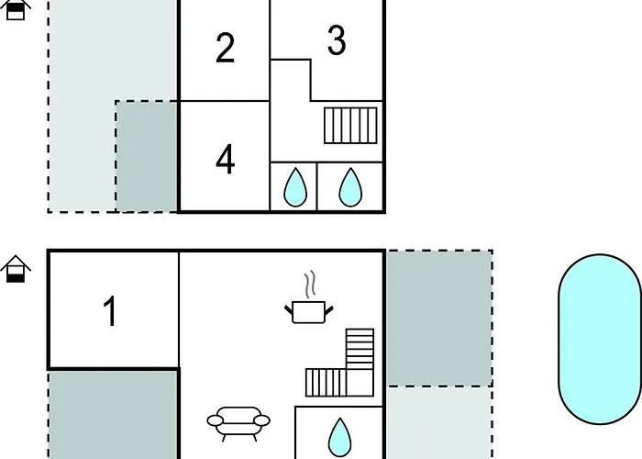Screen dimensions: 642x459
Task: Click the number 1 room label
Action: (x=111, y=311)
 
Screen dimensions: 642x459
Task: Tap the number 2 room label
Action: (x=225, y=49)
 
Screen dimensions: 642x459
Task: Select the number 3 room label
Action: (x=337, y=40)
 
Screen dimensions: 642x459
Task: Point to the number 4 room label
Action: (x=226, y=159)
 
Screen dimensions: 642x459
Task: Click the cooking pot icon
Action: (x=309, y=312)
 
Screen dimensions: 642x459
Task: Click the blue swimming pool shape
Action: (x=600, y=340)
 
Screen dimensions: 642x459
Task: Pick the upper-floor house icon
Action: (x=16, y=10)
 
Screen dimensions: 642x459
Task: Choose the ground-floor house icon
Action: (x=16, y=269)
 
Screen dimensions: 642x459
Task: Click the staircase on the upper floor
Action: (x=350, y=126)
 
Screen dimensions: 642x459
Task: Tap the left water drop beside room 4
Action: (x=295, y=187)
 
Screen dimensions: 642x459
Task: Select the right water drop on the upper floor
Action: (x=350, y=187)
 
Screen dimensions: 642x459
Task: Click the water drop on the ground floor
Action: (x=339, y=437)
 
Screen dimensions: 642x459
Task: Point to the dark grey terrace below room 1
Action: (x=114, y=415)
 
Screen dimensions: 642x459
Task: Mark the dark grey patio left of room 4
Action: (x=147, y=157)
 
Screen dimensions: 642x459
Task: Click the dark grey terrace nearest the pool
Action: (x=439, y=319)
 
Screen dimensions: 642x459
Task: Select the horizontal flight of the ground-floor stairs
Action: (x=326, y=383)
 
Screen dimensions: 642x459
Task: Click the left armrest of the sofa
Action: (x=216, y=420)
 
